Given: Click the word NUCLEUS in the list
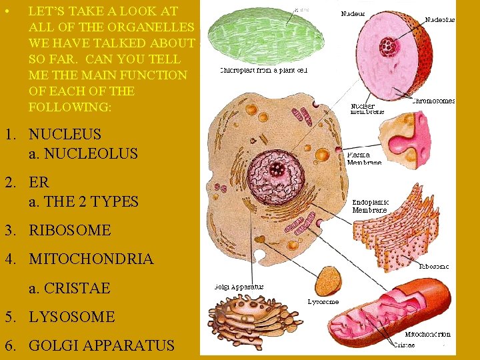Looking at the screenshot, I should point(65,134).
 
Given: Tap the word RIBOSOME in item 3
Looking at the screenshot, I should point(69,230).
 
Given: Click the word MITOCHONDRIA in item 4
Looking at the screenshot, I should point(91,259).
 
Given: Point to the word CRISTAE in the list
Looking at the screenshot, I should point(69,288).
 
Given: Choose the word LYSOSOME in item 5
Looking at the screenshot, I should point(71,317).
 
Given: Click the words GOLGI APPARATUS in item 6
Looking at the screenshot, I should point(101,345).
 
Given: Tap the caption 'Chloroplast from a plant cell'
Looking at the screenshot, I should point(263,69).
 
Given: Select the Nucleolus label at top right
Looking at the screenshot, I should point(440,20).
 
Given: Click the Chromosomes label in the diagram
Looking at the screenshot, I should point(433,101).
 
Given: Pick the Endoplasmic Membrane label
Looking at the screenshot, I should point(371,206).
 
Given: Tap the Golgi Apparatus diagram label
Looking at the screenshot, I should point(239,287).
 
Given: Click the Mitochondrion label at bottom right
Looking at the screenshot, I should point(428,334).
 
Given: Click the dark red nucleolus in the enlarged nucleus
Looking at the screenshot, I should point(387,47).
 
